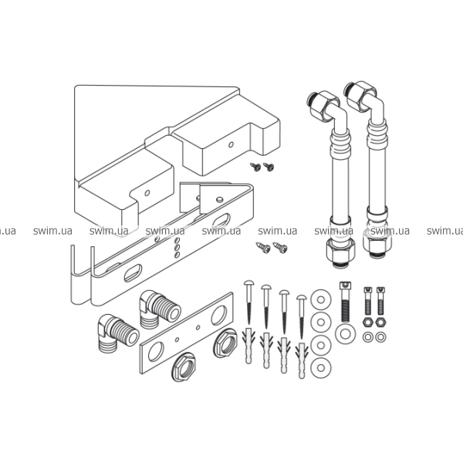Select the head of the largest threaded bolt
click(345, 286)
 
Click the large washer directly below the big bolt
click(345, 334)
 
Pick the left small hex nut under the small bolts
click(368, 322)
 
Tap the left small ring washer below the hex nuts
click(368, 337)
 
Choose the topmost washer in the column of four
click(321, 299)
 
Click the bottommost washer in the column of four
click(321, 368)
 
